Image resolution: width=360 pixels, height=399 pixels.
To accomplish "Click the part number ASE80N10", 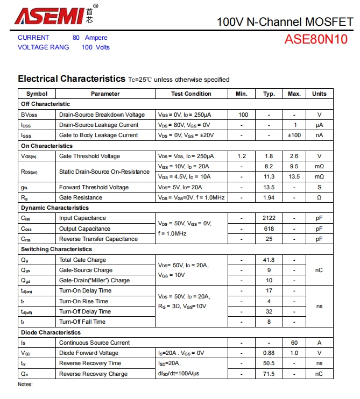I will [x=316, y=40].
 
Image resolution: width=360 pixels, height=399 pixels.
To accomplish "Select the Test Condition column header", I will [x=191, y=94].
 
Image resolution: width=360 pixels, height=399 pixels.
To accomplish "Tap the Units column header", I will [x=319, y=94].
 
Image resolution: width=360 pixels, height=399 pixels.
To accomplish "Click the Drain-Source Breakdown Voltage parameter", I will [x=102, y=115].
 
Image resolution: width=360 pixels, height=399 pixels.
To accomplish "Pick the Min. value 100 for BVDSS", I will [x=243, y=115].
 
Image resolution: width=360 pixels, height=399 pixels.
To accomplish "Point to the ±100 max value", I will [x=294, y=135].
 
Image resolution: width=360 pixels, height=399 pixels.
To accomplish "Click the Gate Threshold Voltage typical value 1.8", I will [x=269, y=156].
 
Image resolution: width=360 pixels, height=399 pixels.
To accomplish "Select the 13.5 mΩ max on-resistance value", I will [x=294, y=176].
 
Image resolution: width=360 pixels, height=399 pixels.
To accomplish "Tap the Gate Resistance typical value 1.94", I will [x=269, y=197].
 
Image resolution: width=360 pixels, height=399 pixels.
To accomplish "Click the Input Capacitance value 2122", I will [x=269, y=218].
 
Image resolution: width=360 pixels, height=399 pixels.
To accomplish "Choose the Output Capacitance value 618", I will [x=269, y=229].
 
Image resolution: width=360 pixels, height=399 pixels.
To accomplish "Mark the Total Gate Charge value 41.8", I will [x=269, y=260].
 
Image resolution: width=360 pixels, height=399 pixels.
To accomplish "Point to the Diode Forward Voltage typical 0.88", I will [x=269, y=353].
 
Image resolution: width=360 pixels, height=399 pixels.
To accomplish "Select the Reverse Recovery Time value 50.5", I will [x=269, y=364].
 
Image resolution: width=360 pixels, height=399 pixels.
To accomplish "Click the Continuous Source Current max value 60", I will [x=294, y=343].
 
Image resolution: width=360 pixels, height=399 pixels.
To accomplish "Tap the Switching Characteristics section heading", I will [x=57, y=250].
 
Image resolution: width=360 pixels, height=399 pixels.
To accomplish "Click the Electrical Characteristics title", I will [x=72, y=79].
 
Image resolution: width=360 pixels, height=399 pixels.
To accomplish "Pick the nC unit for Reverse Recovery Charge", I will [x=319, y=374].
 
